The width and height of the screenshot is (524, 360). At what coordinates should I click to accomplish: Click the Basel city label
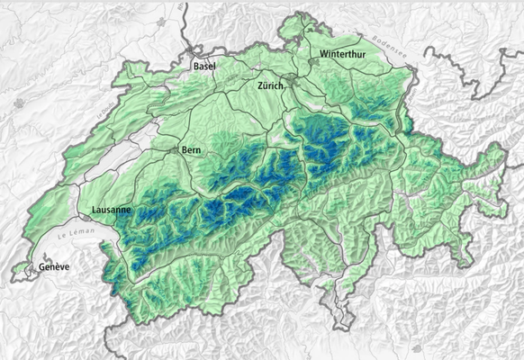pos(204,67)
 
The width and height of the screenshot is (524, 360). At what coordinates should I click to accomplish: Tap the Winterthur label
pos(343,54)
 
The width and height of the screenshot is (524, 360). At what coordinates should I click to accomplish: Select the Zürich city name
pos(270,85)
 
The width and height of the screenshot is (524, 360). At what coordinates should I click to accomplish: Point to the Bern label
pos(190,149)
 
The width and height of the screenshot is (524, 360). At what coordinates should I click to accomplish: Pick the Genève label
pos(53,268)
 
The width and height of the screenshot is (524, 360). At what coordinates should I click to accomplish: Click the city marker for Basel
pos(192,55)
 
